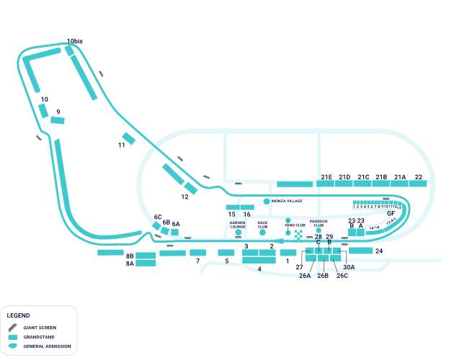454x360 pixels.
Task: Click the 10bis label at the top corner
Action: [x=74, y=42]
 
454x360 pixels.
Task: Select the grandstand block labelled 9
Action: [x=58, y=120]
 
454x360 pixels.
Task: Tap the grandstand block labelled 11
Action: [x=129, y=138]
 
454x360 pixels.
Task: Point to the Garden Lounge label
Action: [x=238, y=225]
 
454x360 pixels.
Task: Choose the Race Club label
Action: [x=262, y=225]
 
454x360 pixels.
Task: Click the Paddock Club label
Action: [x=319, y=222]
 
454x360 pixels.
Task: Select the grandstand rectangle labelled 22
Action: [x=419, y=184]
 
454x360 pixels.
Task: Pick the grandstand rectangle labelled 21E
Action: [x=326, y=184]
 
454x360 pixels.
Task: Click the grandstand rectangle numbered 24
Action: [x=360, y=251]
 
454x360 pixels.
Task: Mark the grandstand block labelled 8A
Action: [x=146, y=264]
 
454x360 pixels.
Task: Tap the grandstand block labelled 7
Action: [x=197, y=253]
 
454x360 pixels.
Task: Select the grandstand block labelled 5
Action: [x=226, y=253]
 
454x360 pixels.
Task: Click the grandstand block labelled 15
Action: [x=232, y=207]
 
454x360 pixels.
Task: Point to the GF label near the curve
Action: [x=391, y=214]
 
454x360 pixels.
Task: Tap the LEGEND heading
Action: [x=18, y=315]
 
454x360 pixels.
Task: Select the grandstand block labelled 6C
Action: [x=156, y=225]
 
